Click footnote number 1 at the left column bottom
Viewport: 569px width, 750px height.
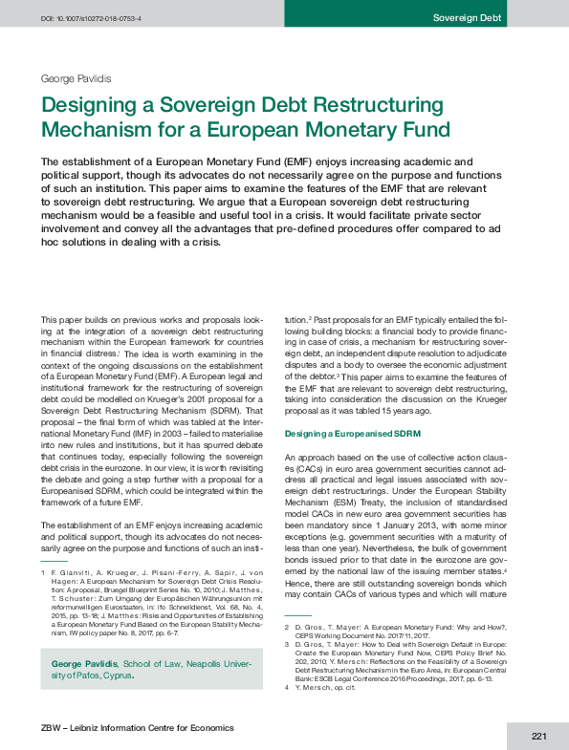(43, 570)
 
